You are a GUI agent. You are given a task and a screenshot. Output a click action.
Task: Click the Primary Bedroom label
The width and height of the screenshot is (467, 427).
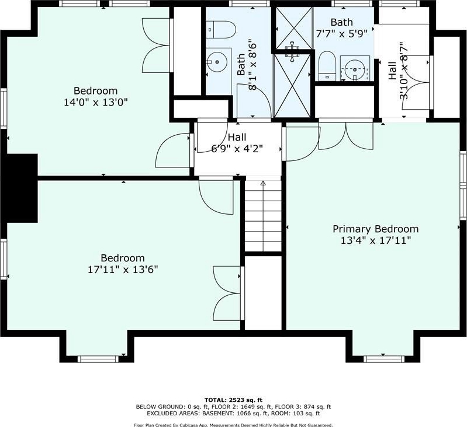pos(376,229)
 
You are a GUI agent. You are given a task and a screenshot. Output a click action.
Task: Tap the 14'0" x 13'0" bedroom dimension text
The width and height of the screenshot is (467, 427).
pos(96,103)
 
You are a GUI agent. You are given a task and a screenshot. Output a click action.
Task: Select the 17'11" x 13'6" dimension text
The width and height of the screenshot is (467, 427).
pos(123,270)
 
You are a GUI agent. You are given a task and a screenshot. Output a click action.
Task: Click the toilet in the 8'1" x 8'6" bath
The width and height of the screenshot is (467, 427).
pos(221,30)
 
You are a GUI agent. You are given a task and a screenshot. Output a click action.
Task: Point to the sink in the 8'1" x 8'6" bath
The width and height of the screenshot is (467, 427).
pos(217,62)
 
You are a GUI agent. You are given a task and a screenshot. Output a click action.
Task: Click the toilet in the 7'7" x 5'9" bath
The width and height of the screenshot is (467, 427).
pos(327,66)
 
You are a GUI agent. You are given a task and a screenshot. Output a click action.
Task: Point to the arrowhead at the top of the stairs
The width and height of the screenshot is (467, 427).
pos(263,183)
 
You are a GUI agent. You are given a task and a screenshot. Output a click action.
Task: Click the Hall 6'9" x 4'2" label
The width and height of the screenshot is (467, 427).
pos(237,143)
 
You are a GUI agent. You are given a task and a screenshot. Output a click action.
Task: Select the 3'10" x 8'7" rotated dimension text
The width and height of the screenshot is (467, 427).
pos(403,70)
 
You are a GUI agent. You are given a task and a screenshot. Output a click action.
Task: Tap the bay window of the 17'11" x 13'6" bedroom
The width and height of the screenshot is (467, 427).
pos(98,359)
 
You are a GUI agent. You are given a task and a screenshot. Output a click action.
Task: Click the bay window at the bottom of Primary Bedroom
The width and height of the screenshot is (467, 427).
pos(384,359)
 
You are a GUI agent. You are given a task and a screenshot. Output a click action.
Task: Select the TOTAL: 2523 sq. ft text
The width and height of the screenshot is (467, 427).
pos(233,400)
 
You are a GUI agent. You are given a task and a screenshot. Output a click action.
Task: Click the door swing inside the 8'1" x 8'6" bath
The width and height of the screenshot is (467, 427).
pos(254,100)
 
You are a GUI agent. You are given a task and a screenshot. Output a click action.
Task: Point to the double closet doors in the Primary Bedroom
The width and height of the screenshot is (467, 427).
pos(346,135)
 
